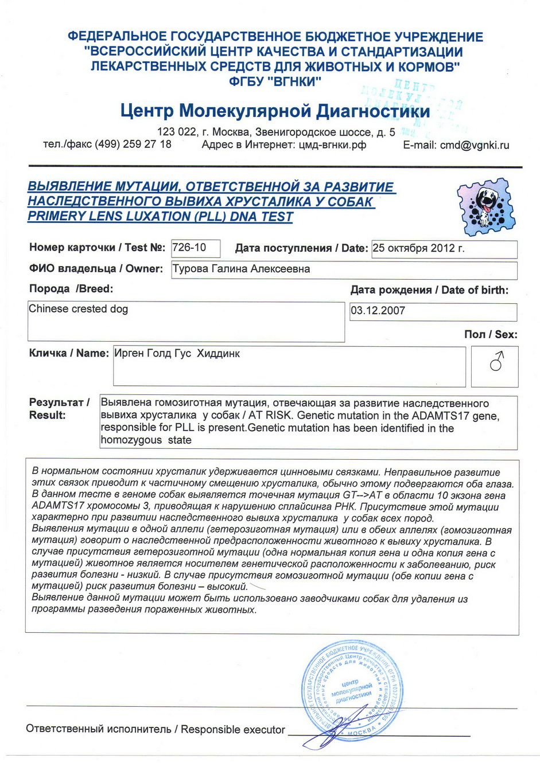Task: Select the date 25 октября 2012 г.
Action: (x=418, y=248)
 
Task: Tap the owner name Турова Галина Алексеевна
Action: (x=241, y=269)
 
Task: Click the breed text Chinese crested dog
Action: (x=78, y=309)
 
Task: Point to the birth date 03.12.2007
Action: (x=378, y=311)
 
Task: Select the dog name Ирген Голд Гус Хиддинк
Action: (x=177, y=354)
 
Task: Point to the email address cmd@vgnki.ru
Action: (x=475, y=146)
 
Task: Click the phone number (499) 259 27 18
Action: (x=133, y=144)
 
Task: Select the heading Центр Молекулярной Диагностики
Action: (x=275, y=111)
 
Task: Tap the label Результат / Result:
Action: (x=59, y=408)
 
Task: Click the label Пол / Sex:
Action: (x=490, y=334)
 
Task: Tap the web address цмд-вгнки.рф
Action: (x=332, y=145)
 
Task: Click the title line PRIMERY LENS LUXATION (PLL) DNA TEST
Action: (x=160, y=217)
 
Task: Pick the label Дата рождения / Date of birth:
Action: (x=429, y=290)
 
